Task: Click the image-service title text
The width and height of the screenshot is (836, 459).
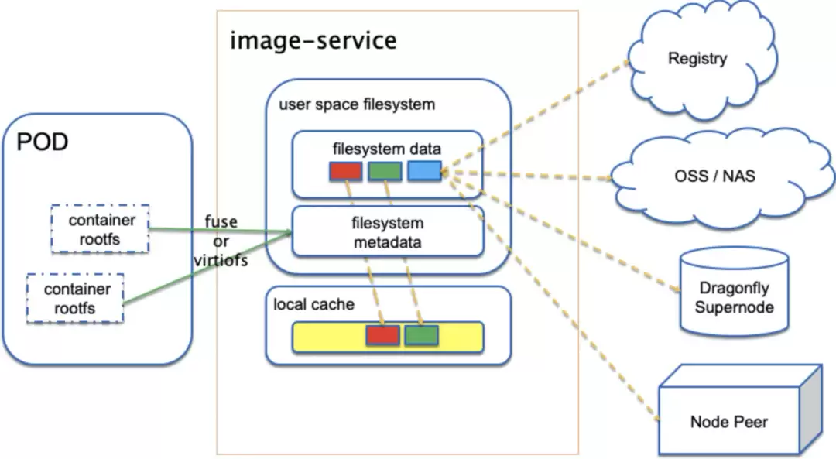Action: (x=313, y=41)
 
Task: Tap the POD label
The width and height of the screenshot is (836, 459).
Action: (x=43, y=142)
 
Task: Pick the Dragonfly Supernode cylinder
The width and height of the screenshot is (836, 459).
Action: (x=734, y=292)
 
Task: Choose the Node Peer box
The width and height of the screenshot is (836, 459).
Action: (x=740, y=409)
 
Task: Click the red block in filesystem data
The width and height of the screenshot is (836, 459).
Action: (x=346, y=170)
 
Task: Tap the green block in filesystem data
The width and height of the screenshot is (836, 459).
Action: (x=385, y=170)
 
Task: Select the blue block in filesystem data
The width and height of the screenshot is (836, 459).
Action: (x=424, y=170)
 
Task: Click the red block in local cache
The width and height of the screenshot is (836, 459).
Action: (x=383, y=335)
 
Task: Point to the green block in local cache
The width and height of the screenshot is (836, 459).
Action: (x=422, y=335)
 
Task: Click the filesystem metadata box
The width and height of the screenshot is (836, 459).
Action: (x=388, y=232)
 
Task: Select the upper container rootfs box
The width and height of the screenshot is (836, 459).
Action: (x=100, y=229)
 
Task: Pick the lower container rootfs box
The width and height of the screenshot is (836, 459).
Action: (x=75, y=299)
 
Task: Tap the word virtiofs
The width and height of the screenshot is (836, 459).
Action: (x=221, y=261)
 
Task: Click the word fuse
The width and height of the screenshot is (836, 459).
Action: (x=221, y=221)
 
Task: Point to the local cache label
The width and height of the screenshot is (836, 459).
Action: (x=314, y=304)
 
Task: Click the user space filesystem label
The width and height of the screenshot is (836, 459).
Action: (x=357, y=104)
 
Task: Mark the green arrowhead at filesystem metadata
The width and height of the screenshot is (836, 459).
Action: (x=289, y=232)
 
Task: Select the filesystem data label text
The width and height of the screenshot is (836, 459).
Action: (x=387, y=149)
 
